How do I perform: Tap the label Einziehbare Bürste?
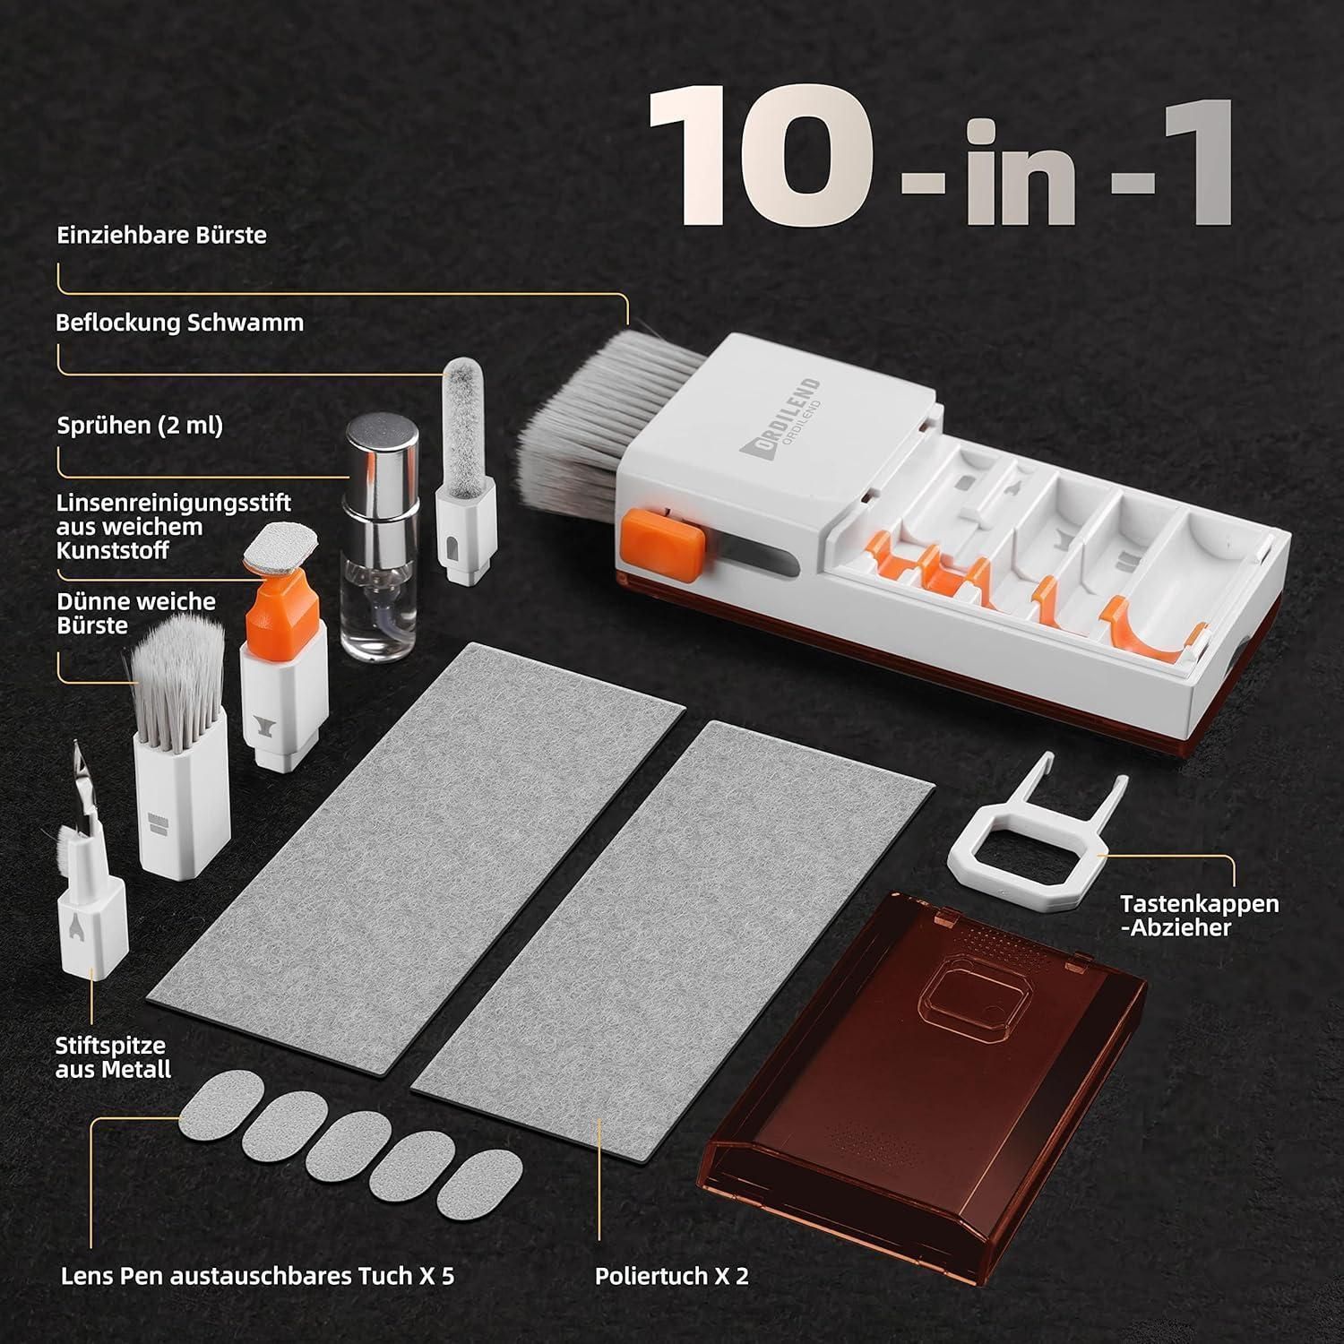coord(162,236)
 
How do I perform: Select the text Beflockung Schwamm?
coord(179,323)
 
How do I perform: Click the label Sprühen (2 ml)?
coord(140,426)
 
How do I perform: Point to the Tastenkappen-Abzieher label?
coord(1200,915)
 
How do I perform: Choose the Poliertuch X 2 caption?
coord(672,1276)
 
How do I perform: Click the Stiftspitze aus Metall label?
coord(113,1057)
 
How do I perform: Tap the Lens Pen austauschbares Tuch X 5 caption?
coord(257,1276)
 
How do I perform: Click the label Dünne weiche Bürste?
coord(136,614)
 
